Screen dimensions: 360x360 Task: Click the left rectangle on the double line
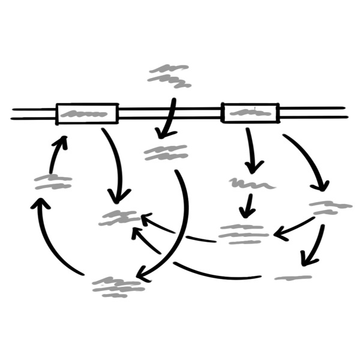coord(87,113)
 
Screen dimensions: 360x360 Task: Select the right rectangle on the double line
coord(250,112)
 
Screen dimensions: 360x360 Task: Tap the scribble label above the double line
coord(170,76)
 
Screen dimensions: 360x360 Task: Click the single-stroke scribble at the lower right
coord(293,277)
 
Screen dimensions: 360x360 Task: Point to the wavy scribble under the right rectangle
coord(251,183)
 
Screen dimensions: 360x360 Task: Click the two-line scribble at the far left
coord(53,182)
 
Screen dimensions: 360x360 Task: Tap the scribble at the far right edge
coord(331,208)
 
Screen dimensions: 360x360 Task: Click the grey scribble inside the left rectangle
coord(87,113)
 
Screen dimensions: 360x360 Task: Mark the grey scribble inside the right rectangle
coord(250,112)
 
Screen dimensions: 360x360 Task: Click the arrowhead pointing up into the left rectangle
coord(62,143)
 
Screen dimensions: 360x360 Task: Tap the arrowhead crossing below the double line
coord(162,129)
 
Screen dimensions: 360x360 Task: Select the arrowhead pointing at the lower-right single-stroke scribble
coord(307,260)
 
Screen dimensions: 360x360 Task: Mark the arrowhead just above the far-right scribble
coord(324,185)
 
